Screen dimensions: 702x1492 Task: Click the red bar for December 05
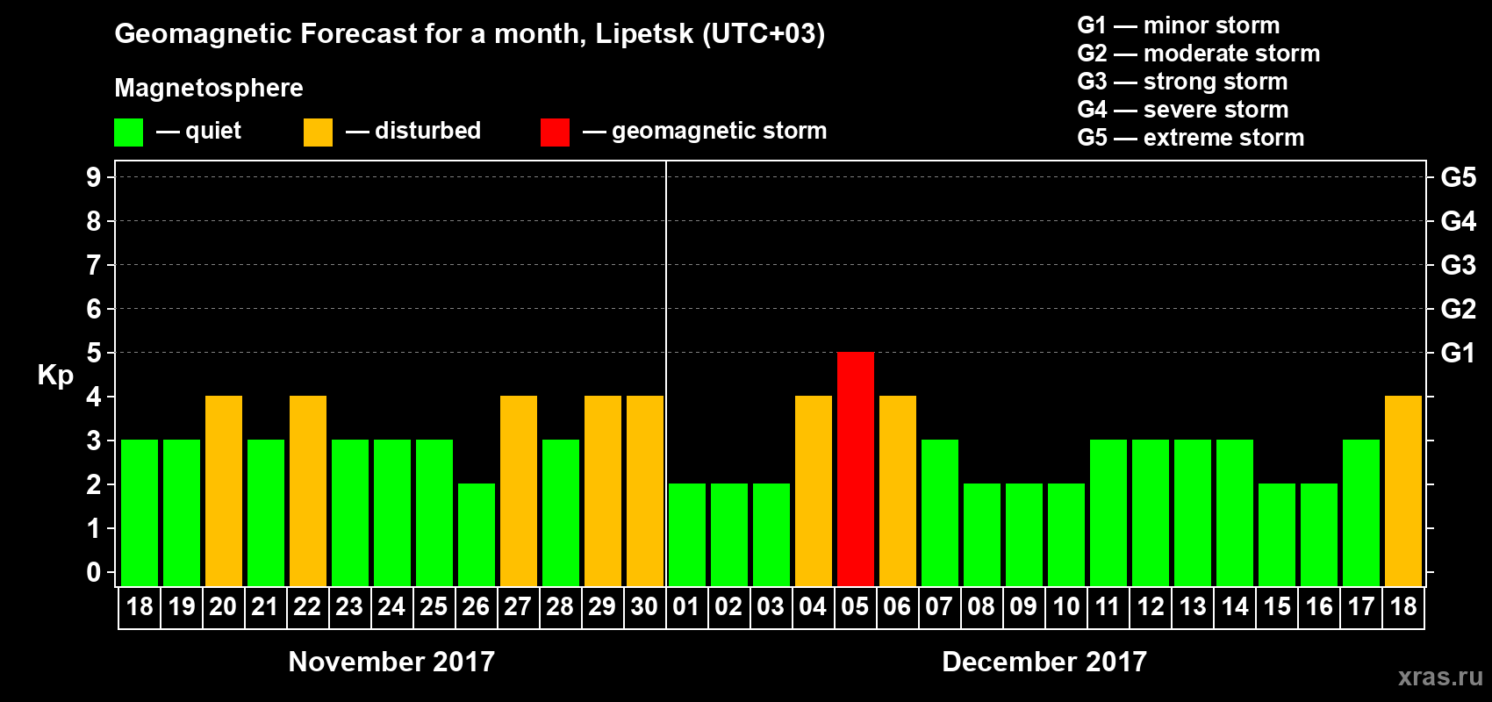point(855,469)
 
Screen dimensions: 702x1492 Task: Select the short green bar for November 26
point(476,534)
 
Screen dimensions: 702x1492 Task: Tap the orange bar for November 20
point(223,491)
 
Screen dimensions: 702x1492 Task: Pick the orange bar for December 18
point(1402,491)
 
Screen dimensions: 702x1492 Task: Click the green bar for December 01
point(686,534)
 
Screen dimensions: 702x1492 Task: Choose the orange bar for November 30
point(644,491)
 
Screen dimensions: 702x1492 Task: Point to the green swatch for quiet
point(128,133)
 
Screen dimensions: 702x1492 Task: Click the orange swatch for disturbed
point(318,133)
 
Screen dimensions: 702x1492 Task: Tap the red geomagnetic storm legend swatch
point(555,133)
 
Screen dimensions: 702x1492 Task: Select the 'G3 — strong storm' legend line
point(1182,82)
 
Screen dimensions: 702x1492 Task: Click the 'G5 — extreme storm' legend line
point(1190,138)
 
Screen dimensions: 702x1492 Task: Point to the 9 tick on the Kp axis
point(94,177)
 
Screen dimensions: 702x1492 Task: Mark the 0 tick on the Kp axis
point(94,572)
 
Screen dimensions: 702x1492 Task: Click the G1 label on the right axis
point(1458,353)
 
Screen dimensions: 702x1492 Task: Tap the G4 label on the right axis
point(1458,221)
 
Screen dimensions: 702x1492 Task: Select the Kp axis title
point(55,375)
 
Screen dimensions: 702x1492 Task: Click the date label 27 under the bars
point(518,606)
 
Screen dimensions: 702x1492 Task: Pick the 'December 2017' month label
point(1044,662)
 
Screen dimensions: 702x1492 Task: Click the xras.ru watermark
point(1440,677)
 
